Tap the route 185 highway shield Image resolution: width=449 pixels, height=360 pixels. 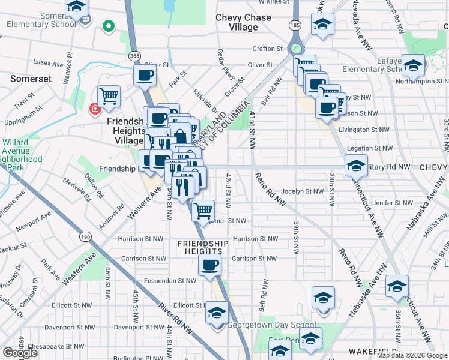(x=295, y=26)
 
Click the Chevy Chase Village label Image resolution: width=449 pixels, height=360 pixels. (x=244, y=23)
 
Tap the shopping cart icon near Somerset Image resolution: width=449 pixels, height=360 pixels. (x=109, y=95)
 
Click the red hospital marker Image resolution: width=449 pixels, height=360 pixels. (x=94, y=109)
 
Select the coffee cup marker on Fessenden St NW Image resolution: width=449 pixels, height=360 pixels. (x=209, y=266)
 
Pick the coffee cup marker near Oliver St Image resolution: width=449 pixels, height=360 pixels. (x=145, y=76)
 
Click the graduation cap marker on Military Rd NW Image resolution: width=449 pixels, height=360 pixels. (x=356, y=164)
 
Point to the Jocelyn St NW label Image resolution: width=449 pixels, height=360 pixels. (x=303, y=191)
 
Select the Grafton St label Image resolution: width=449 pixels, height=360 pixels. (x=267, y=49)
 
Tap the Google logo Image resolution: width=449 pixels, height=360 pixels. (x=20, y=353)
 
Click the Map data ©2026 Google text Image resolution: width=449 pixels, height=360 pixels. (x=412, y=355)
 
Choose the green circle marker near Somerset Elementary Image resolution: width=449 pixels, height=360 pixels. (x=109, y=26)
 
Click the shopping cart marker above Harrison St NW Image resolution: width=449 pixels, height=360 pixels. (x=203, y=209)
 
